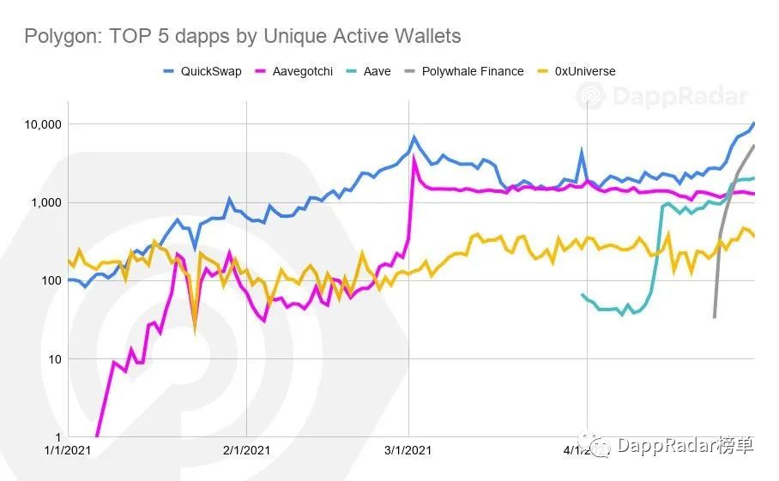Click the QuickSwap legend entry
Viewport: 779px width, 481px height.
pyautogui.click(x=210, y=71)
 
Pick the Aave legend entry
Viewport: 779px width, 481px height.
pyautogui.click(x=377, y=71)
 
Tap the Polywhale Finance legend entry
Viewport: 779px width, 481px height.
pyautogui.click(x=472, y=71)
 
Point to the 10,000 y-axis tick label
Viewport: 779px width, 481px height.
pyautogui.click(x=39, y=124)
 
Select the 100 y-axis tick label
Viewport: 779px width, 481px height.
pyautogui.click(x=47, y=280)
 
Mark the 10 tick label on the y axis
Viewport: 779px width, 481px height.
pyautogui.click(x=51, y=358)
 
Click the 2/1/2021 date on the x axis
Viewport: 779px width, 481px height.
pyautogui.click(x=246, y=449)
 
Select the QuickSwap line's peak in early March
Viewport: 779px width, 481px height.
pyautogui.click(x=414, y=136)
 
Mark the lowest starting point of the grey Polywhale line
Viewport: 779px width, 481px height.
pyautogui.click(x=715, y=317)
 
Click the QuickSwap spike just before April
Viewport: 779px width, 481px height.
pyautogui.click(x=582, y=152)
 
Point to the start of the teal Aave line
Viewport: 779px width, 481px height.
pyautogui.click(x=583, y=295)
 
